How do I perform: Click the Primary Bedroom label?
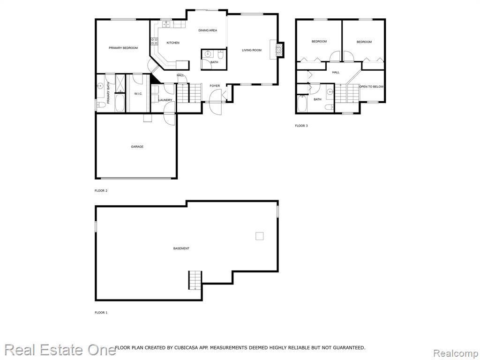[x=123, y=48]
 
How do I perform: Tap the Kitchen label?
[x=173, y=43]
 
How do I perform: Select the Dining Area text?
[x=208, y=30]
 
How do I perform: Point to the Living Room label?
[x=252, y=50]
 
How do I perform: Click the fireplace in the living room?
[x=279, y=49]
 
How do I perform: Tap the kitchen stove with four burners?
[x=154, y=42]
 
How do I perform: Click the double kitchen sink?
[x=166, y=24]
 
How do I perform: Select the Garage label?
[x=137, y=147]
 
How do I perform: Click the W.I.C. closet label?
[x=138, y=94]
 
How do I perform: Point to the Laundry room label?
[x=165, y=100]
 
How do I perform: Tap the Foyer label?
[x=215, y=86]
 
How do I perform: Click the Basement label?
[x=181, y=248]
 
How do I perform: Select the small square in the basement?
[x=260, y=236]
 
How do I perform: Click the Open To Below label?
[x=371, y=87]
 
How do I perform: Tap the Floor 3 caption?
[x=301, y=126]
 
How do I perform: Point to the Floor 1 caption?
[x=101, y=313]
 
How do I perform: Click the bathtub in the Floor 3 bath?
[x=302, y=104]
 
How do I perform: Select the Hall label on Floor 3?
[x=336, y=73]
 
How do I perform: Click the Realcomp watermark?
[x=456, y=353]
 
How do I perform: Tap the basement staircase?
[x=195, y=280]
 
